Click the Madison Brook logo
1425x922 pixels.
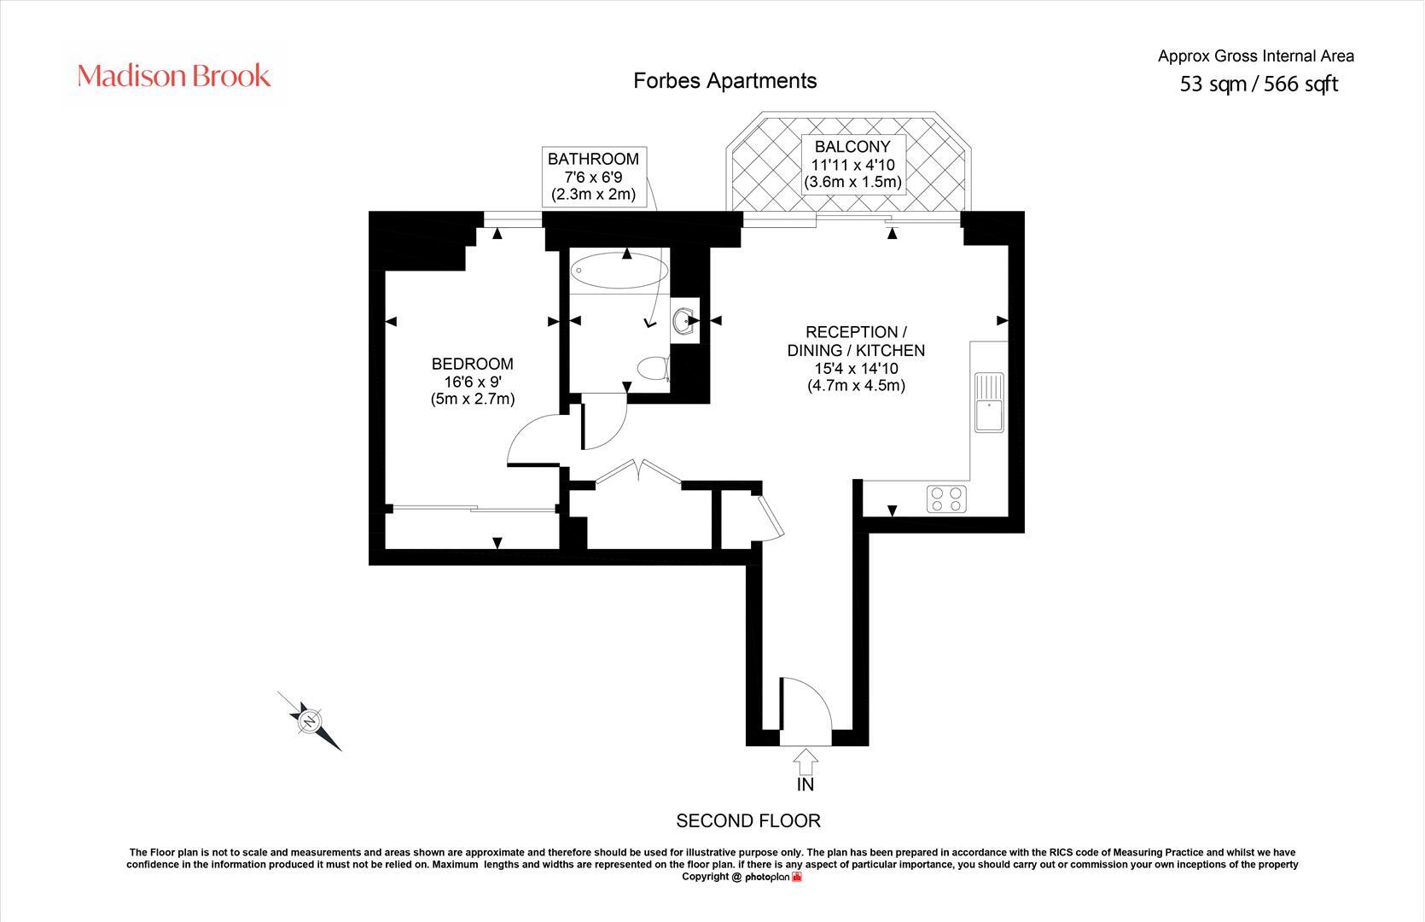[x=174, y=76]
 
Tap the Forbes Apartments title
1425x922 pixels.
[x=724, y=81]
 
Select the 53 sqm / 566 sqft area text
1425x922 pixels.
[x=1259, y=84]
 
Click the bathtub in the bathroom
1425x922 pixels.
[x=619, y=271]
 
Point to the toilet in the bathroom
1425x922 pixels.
[x=654, y=368]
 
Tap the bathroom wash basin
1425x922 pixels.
[x=684, y=321]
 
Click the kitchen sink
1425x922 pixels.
[x=989, y=402]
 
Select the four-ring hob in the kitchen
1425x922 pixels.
[x=946, y=499]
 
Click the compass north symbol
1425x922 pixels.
[x=310, y=721]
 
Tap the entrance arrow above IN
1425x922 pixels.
[x=806, y=761]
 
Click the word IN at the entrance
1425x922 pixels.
[x=806, y=785]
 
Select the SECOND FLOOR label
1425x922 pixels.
[x=748, y=820]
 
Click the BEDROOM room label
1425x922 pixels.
[x=472, y=364]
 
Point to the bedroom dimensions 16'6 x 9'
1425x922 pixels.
[x=473, y=382]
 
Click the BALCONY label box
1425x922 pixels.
[x=853, y=164]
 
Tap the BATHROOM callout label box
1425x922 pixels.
[x=594, y=177]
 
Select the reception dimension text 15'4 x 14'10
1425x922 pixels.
[x=856, y=368]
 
